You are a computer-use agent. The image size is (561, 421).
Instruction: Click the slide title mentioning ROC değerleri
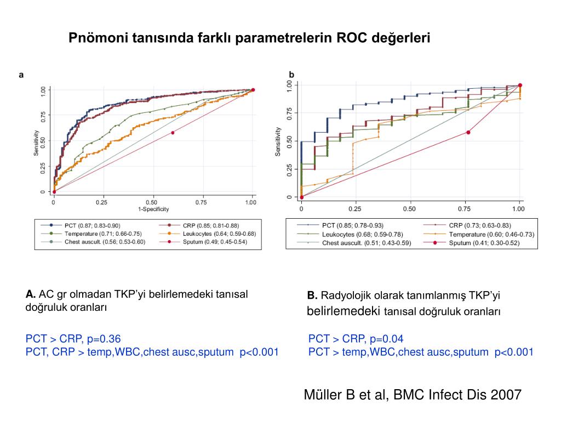point(249,38)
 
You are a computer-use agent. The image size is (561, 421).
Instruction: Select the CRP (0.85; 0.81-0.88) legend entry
point(203,225)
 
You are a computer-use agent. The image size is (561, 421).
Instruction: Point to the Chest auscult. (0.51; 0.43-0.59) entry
point(367,242)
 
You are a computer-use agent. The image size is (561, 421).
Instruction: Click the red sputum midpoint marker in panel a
point(173,133)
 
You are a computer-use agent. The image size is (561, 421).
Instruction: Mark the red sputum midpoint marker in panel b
point(468,132)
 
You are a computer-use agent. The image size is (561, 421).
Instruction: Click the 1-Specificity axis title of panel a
point(153,209)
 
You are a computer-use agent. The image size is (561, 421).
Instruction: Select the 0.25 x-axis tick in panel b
point(355,209)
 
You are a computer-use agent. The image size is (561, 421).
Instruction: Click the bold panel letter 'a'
point(21,75)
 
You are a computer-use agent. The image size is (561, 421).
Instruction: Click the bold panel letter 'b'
point(291,75)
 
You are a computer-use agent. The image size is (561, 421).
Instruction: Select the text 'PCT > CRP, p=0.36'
point(73,338)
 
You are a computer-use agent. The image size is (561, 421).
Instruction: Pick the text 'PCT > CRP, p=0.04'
point(356,339)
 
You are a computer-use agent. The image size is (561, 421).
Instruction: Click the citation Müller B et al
point(412,394)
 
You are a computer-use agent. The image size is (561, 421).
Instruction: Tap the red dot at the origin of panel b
point(301,197)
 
